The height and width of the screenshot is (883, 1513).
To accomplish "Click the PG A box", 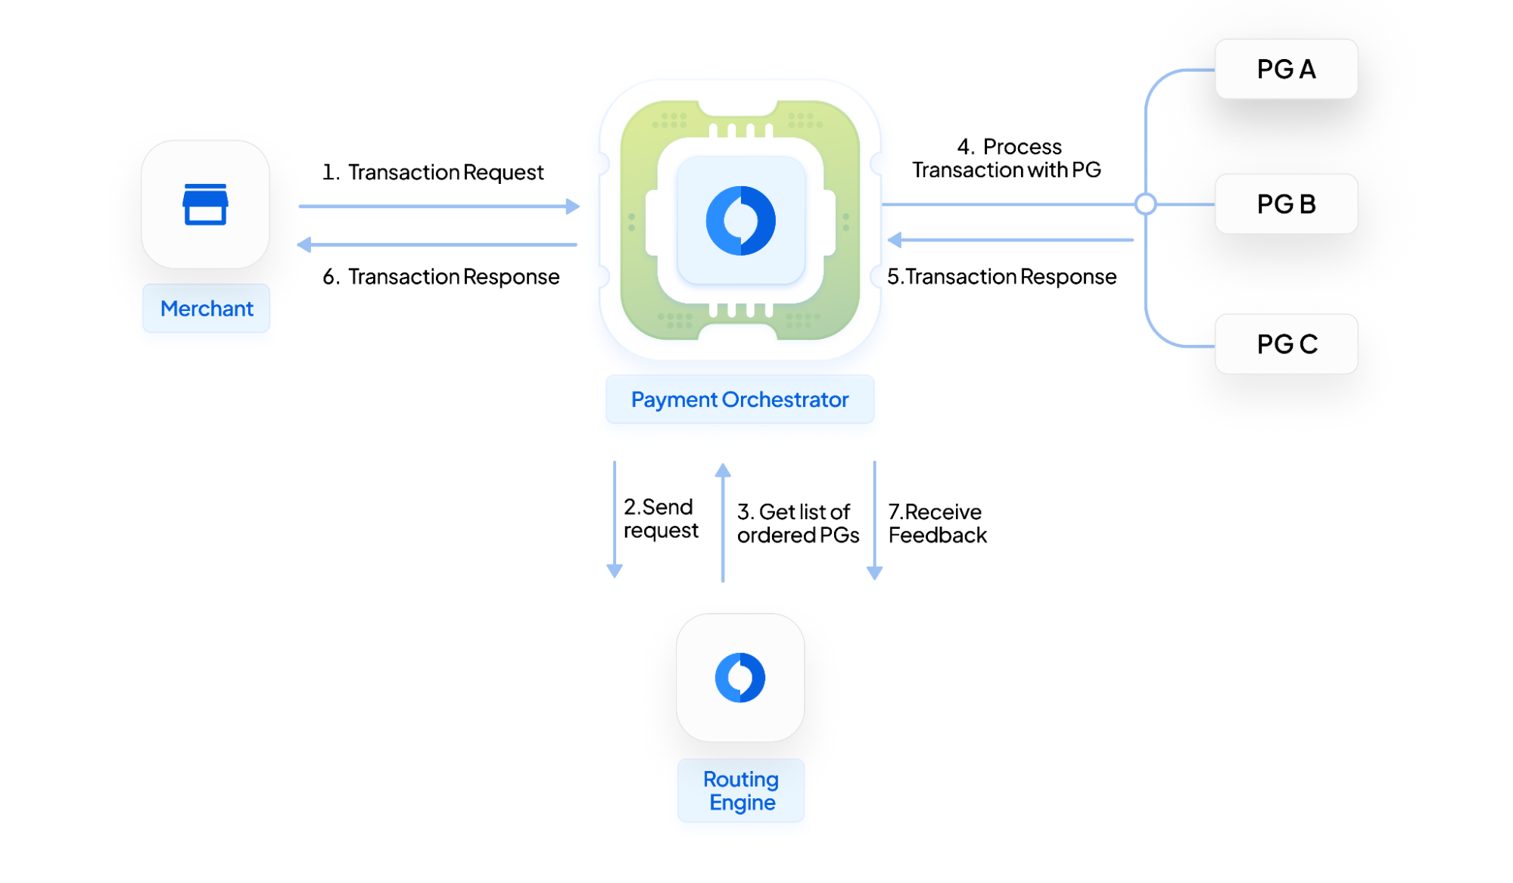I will click(x=1286, y=69).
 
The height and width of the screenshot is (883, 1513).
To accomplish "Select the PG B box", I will click(x=1286, y=204).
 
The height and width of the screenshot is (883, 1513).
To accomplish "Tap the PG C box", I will click(x=1286, y=344).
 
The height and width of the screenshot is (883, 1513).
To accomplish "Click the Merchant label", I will click(x=207, y=309).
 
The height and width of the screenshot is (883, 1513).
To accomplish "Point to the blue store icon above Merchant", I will click(x=205, y=204).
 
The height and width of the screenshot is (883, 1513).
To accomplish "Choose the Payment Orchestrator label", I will click(x=739, y=400).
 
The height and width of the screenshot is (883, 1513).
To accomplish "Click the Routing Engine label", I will click(x=740, y=791).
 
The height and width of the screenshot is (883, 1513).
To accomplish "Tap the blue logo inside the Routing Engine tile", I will click(x=740, y=677).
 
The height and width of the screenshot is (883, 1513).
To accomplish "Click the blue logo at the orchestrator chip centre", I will click(x=740, y=220).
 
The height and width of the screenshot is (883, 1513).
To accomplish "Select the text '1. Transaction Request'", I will click(x=433, y=173).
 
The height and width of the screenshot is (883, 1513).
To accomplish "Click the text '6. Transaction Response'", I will click(x=441, y=277).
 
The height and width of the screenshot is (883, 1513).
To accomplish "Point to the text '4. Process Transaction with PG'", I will click(x=1007, y=158).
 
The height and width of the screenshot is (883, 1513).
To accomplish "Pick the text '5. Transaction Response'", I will click(x=1001, y=277).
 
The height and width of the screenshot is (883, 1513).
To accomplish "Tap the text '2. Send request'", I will click(x=660, y=518).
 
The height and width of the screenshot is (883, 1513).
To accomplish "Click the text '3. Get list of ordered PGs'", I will click(x=798, y=524).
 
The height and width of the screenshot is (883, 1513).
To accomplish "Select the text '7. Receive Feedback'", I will click(x=937, y=524).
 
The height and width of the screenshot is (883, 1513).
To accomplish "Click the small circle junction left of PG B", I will click(x=1146, y=204).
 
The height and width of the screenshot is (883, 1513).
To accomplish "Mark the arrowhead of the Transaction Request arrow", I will click(x=573, y=206).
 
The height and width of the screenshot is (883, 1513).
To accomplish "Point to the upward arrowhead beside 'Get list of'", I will click(x=723, y=471).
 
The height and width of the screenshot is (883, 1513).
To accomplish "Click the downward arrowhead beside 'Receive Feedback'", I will click(x=874, y=573).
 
